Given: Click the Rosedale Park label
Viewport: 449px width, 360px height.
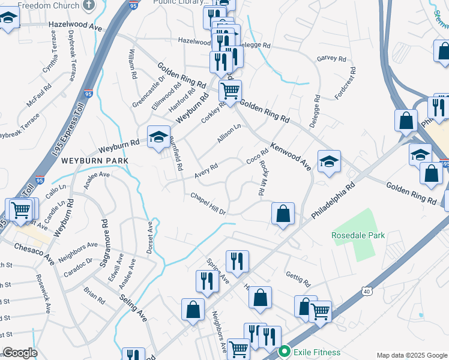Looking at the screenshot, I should click(358, 235).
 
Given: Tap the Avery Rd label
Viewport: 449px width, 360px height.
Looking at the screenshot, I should click(206, 170).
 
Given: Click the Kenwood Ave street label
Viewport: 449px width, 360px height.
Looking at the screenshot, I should click(291, 156).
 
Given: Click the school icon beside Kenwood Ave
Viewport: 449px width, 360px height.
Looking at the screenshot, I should click(329, 161).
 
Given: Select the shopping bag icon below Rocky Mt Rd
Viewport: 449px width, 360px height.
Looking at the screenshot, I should click(283, 213).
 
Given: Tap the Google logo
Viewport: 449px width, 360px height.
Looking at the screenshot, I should click(19, 353).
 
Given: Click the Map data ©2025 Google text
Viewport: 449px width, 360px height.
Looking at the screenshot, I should click(411, 355).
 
